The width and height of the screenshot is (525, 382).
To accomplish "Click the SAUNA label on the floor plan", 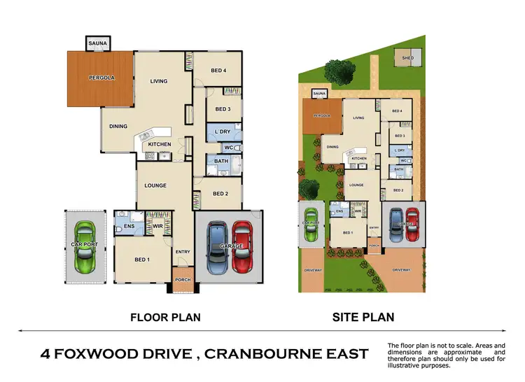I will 95,43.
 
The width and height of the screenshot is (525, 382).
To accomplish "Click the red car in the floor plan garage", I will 242,247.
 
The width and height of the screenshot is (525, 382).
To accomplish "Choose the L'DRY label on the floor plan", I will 223,132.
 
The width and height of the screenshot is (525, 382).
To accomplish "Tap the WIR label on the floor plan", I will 157,225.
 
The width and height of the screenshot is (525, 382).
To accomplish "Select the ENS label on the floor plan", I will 129,226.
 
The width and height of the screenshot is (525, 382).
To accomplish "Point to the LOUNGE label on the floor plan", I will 155,185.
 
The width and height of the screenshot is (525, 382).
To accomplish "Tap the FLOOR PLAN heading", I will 166,317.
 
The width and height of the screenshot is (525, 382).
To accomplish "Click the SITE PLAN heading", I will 362,317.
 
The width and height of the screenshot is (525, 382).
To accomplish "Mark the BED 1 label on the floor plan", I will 141,260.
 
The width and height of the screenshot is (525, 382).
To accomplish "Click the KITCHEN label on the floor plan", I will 159,145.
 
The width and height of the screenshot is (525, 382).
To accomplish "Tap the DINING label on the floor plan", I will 118,127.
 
